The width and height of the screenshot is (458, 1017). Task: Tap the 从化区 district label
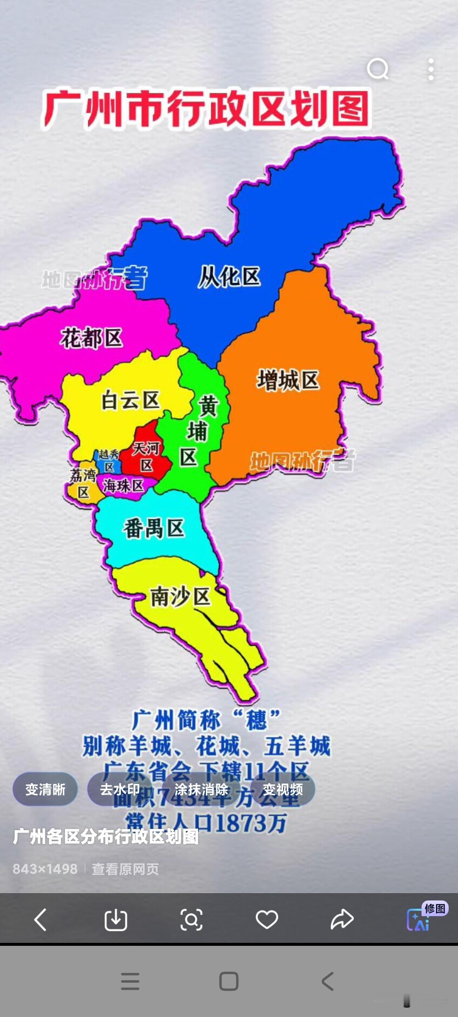coord(229,277)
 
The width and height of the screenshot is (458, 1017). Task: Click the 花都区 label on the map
coord(92,338)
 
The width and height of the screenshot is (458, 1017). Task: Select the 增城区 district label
coord(288,380)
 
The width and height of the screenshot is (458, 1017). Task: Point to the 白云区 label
coord(130,400)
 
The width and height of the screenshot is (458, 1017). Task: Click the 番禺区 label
coord(154,528)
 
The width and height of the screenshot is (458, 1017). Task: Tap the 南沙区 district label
coord(181,597)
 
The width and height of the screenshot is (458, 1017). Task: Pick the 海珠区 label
coord(123,486)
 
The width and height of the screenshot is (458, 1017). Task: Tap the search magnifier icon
coord(378,69)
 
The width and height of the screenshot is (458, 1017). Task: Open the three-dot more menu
coord(431,69)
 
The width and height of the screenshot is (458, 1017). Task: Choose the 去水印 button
coord(120,789)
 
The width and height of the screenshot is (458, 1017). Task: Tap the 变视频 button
coord(282,789)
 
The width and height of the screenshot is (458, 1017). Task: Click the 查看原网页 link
coord(125,870)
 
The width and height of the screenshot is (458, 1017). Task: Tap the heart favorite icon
coord(267,919)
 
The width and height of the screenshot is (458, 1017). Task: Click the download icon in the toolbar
coord(116,919)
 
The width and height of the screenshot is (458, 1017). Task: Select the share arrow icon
coord(342,919)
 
